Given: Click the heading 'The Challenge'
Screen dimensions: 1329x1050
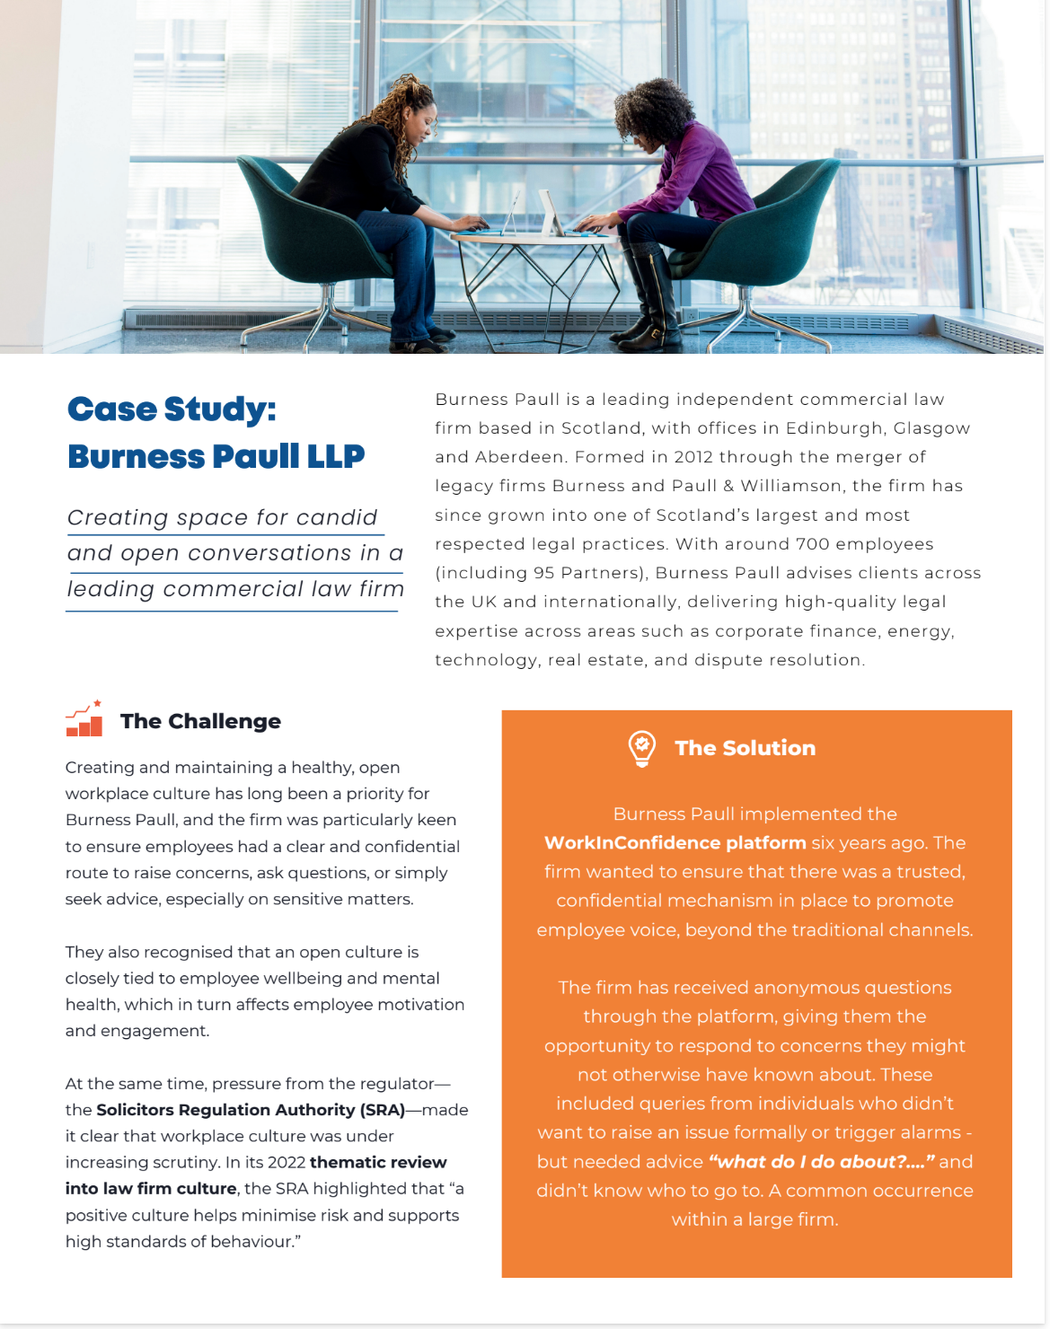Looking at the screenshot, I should pos(200,721).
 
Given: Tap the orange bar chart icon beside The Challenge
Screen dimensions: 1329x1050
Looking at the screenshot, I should pos(84,719).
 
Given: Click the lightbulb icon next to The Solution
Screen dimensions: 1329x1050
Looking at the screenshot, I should pos(641,748).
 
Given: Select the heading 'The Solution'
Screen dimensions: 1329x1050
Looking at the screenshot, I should pos(745,748).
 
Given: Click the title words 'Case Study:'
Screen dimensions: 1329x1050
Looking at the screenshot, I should pos(172,409).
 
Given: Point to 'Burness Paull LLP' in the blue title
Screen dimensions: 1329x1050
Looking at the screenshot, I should pos(216,456).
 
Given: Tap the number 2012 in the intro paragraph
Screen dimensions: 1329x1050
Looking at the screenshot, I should pos(693,457).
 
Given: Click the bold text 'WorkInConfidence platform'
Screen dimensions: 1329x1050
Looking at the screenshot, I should pos(675,843).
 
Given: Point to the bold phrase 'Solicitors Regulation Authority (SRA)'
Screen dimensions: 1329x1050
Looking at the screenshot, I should pos(251,1110).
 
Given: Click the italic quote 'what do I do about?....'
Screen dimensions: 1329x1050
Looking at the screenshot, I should pos(822,1162).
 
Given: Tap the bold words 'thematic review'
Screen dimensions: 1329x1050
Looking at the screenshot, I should pos(378,1163).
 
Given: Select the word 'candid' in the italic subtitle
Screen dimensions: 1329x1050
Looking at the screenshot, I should pos(337,518).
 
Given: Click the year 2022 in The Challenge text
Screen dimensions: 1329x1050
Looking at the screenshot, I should pos(287,1163).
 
